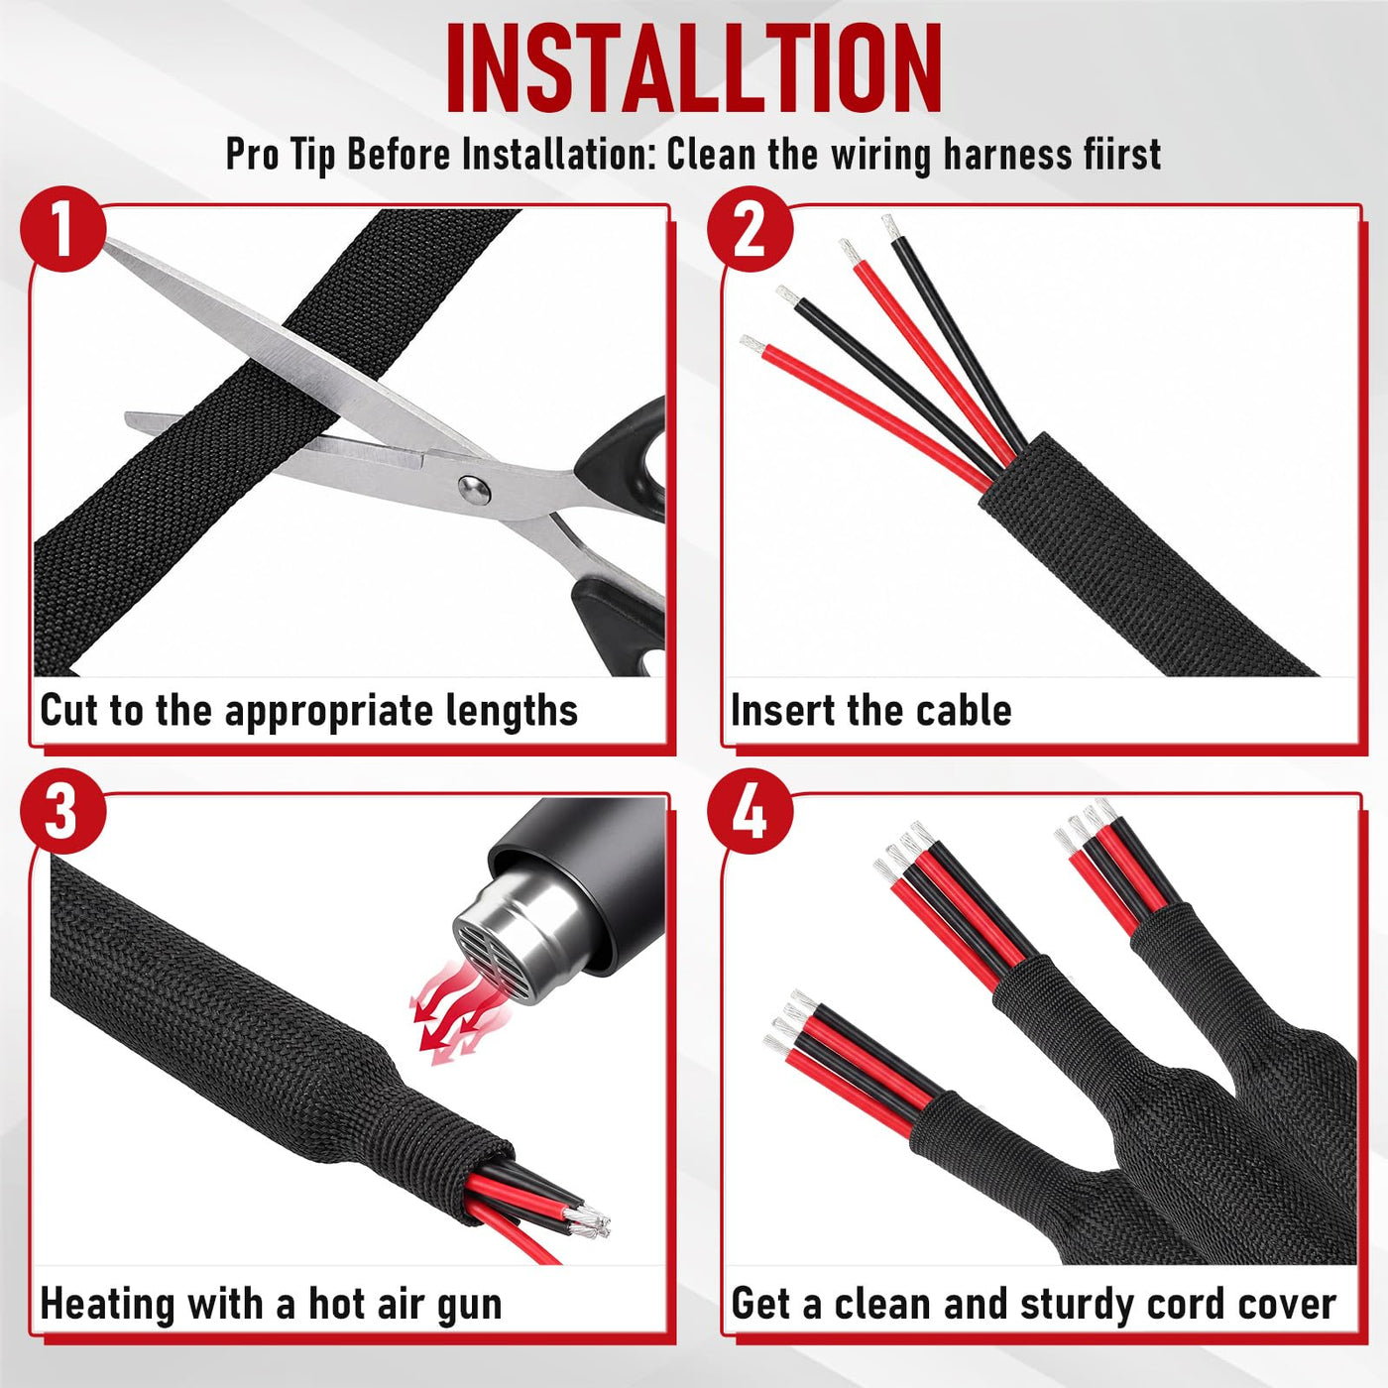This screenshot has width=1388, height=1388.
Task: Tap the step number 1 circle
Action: [63, 229]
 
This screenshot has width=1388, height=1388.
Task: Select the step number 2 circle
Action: [750, 229]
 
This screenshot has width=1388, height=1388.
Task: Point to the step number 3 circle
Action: [63, 812]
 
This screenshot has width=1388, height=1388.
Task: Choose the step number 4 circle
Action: [750, 812]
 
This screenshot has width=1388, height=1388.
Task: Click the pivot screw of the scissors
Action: [475, 489]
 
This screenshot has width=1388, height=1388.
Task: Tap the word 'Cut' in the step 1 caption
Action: [69, 710]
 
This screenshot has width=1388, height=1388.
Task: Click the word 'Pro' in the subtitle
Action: [252, 154]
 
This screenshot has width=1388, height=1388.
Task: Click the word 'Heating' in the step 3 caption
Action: [108, 1305]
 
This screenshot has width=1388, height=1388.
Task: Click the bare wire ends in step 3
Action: [587, 1219]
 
